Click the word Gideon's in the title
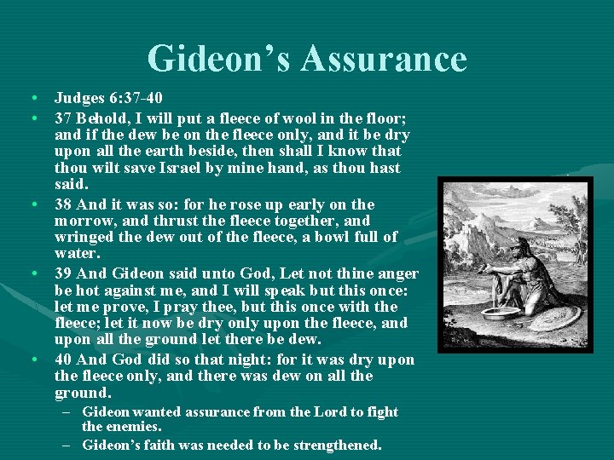220,59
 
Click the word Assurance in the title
385,59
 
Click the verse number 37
62,116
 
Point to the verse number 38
63,204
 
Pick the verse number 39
63,273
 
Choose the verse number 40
63,359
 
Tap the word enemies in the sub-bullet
132,426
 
